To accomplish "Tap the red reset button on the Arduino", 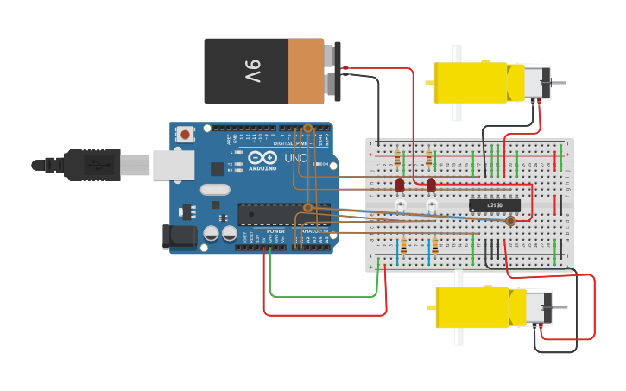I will click(185, 134).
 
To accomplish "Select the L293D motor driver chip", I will click(495, 205).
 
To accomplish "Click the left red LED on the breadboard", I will click(400, 185).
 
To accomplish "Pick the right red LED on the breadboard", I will click(431, 185).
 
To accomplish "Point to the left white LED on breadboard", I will click(400, 205).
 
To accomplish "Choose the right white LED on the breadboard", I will click(432, 205).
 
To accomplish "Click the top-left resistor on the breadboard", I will click(397, 158).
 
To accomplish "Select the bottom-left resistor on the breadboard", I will click(403, 248).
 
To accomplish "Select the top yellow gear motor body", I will click(471, 82).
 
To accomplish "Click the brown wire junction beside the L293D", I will click(510, 221).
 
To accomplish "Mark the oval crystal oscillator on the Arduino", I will click(215, 190).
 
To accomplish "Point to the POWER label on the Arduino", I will click(275, 231).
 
